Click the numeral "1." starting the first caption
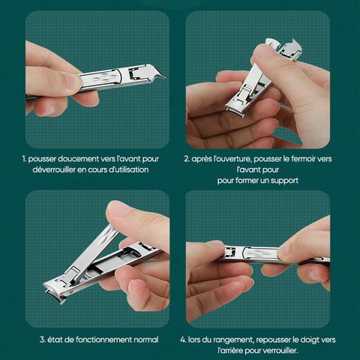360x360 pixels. (24, 159)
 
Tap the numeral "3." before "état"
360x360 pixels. (43, 340)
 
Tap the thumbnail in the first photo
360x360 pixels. (73, 81)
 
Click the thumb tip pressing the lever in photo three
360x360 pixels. (117, 208)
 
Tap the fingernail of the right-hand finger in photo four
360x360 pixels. (283, 250)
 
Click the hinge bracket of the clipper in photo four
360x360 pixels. (229, 252)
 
